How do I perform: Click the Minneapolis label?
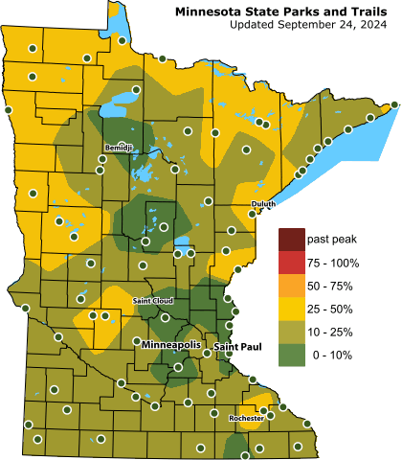(x=172, y=343)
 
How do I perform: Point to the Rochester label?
(x=246, y=419)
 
